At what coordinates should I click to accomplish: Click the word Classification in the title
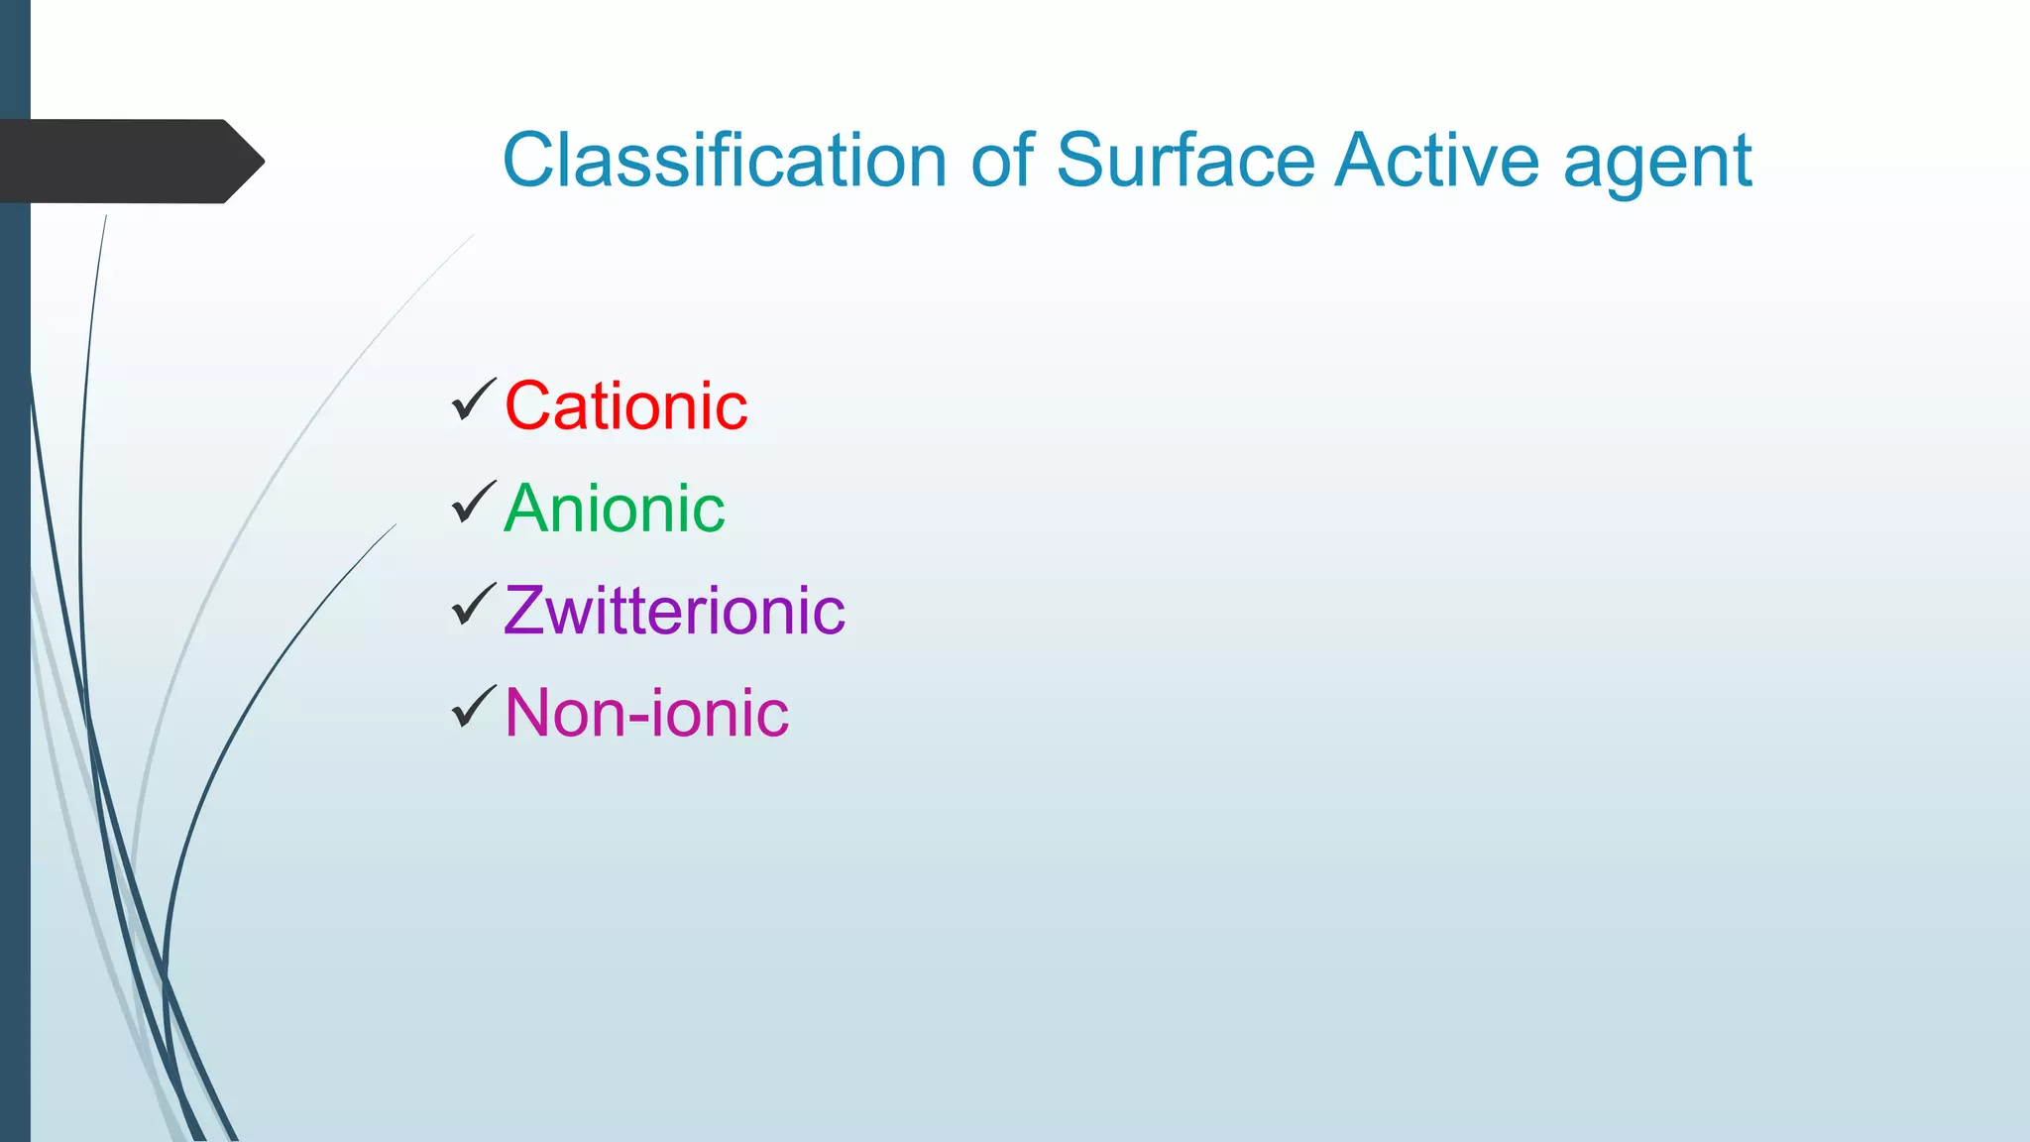(725, 161)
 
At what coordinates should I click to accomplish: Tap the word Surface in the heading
(1185, 161)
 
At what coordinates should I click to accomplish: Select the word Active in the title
(1438, 161)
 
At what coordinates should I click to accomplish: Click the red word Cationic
(625, 406)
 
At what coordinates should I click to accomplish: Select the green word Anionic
(614, 509)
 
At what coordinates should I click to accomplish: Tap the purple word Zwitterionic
(674, 611)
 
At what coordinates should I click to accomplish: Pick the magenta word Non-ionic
(646, 713)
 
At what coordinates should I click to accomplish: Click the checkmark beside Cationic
(474, 400)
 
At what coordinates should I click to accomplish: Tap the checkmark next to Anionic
(474, 503)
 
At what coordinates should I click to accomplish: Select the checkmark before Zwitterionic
(474, 605)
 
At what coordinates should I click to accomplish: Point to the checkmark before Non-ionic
(474, 707)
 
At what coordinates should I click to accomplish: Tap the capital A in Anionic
(527, 509)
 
